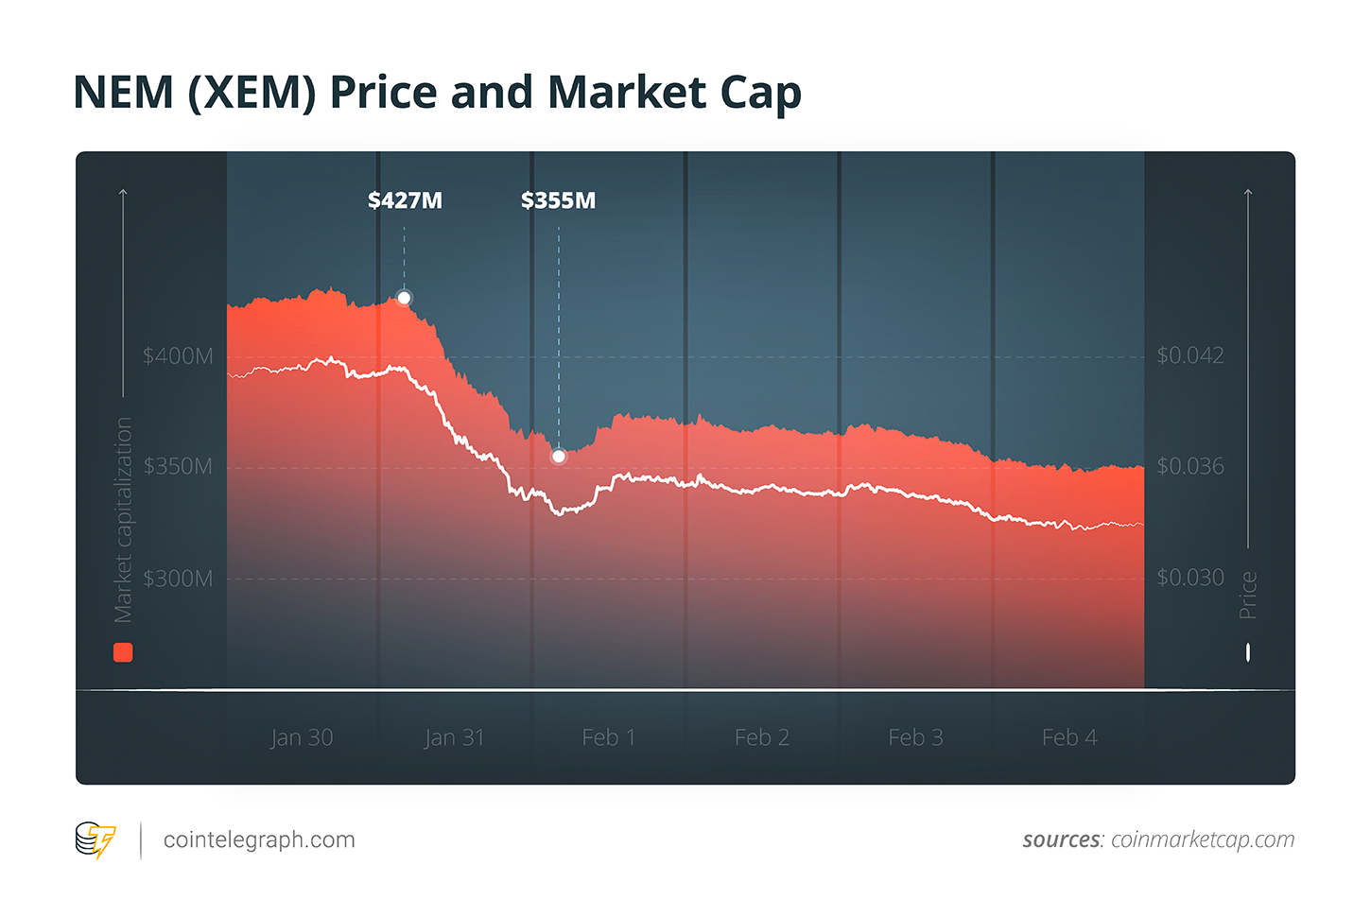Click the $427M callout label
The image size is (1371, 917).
405,200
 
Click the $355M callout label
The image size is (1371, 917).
558,200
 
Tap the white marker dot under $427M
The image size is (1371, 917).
404,298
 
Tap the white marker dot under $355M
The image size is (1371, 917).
559,457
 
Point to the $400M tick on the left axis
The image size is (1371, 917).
178,356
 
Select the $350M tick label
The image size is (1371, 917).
178,467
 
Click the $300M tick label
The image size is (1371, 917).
178,579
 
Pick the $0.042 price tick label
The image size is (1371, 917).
1189,355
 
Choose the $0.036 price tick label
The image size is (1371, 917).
1189,466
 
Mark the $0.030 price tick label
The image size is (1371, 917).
1189,577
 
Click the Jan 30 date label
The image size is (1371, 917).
302,737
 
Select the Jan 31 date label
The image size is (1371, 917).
454,737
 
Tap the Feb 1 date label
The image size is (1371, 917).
608,737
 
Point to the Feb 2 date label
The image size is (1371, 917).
761,737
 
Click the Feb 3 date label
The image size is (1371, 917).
915,737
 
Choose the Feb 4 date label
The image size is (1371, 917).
1069,737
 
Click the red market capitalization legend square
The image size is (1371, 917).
123,652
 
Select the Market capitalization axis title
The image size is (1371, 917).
123,520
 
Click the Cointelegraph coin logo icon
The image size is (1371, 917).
95,839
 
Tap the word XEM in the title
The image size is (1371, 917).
252,94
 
